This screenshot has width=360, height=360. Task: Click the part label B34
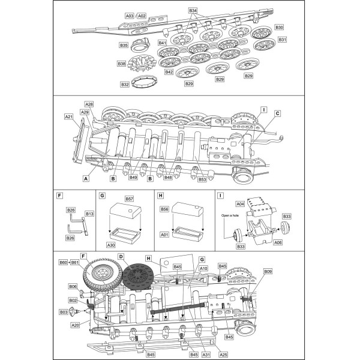point(193,11)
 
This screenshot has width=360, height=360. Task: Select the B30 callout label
point(279,28)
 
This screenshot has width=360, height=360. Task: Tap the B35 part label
point(124,45)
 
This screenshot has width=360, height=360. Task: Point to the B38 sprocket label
point(122,64)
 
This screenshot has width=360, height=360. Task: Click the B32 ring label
point(125,85)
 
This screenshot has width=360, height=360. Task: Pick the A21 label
point(68,116)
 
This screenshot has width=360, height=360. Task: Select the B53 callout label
point(202,178)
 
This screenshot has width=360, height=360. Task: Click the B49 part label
point(133,178)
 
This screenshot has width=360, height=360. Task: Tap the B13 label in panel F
point(89,213)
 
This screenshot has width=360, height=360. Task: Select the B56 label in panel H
point(163,209)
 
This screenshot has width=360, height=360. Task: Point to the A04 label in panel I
point(239,203)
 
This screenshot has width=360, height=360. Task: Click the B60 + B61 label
point(68,263)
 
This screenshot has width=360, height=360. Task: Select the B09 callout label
point(268,272)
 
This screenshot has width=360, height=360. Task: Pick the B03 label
point(64,312)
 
